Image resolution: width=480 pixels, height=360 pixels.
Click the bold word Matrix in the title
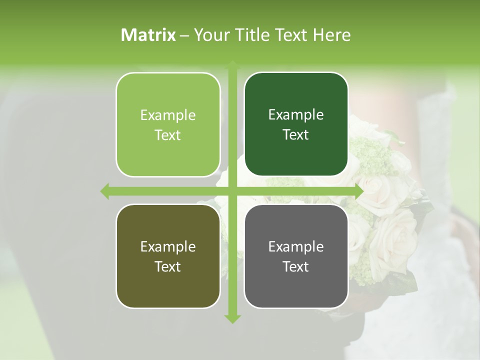[148, 35]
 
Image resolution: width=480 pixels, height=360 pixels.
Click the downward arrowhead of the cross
[232, 319]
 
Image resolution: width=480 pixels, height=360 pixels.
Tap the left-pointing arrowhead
[105, 191]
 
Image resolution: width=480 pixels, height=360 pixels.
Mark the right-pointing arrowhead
[359, 191]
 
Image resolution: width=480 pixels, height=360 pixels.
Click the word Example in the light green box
[168, 115]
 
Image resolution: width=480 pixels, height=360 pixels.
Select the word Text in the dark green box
[296, 134]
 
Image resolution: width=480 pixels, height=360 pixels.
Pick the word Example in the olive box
[168, 247]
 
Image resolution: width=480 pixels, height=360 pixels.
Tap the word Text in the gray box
[296, 266]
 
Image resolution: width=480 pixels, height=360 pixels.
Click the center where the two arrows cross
[232, 191]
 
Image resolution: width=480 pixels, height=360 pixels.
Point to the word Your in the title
[209, 35]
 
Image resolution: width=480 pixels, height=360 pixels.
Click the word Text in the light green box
[168, 135]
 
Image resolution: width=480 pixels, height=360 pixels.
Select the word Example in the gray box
[296, 247]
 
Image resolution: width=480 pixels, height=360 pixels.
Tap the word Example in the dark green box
[296, 115]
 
